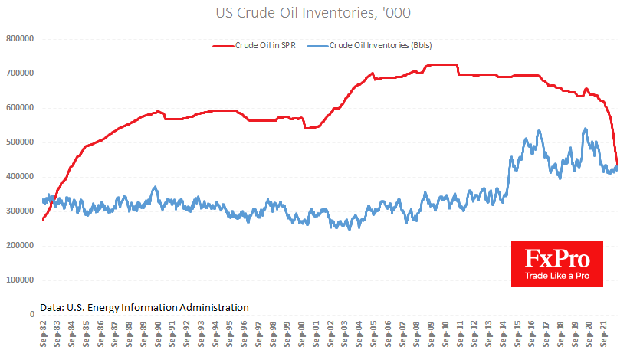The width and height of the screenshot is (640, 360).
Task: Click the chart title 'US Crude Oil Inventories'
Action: click(320, 13)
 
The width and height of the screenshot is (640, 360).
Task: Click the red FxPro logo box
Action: click(556, 264)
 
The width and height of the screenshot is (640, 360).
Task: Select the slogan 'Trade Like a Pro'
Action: click(556, 275)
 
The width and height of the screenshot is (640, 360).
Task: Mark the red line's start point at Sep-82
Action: click(43, 219)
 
